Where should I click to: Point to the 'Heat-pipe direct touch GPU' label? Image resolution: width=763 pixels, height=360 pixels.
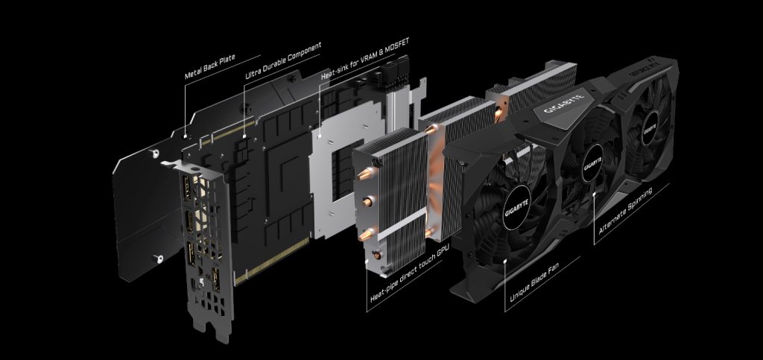409,277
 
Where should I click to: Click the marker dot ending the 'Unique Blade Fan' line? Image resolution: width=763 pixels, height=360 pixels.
507,261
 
